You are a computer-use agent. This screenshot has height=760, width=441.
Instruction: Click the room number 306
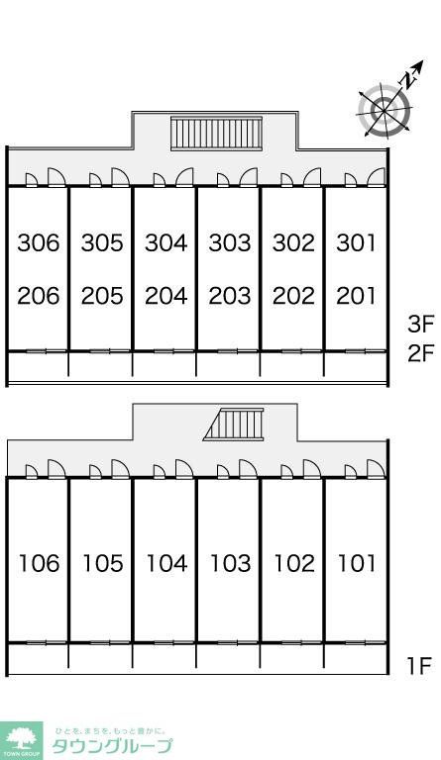point(39,242)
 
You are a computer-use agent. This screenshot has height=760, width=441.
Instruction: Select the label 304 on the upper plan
point(165,242)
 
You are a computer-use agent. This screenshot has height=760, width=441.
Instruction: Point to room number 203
point(230,296)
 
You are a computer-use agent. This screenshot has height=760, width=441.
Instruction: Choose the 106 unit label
point(39,563)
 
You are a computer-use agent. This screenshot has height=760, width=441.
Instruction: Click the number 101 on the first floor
point(357,563)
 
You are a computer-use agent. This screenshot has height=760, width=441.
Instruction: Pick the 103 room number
point(230,563)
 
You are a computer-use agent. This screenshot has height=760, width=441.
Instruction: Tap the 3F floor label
point(420,324)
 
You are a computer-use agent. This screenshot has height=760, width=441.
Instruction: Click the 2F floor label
point(420,353)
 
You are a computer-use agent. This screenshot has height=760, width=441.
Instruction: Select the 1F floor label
point(419,666)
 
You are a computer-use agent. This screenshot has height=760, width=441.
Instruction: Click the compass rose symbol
point(384,110)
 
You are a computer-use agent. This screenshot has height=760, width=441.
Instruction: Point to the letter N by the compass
point(410,78)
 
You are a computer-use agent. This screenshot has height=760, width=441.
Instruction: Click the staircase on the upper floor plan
point(216,134)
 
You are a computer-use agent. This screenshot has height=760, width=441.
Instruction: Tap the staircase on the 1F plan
point(234,425)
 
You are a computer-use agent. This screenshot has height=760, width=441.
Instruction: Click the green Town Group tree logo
point(22,740)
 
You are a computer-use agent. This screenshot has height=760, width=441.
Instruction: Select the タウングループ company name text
point(112,746)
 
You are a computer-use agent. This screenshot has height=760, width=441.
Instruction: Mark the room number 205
point(102,296)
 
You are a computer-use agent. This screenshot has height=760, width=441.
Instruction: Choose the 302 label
point(293,242)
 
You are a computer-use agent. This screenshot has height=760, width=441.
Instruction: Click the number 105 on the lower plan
point(103,563)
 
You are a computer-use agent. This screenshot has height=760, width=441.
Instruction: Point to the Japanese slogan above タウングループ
point(111,730)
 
